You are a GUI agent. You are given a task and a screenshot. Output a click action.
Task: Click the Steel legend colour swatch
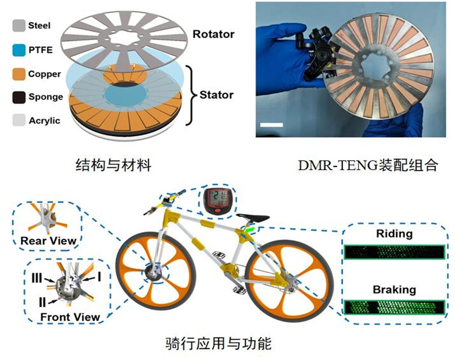pyautogui.click(x=19, y=26)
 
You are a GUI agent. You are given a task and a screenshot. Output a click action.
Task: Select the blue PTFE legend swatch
pyautogui.click(x=19, y=50)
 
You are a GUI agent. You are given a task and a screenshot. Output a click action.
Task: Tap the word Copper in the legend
pyautogui.click(x=44, y=74)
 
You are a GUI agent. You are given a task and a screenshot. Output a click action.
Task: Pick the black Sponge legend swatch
pyautogui.click(x=19, y=97)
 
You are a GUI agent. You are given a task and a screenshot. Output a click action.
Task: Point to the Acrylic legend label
pyautogui.click(x=44, y=121)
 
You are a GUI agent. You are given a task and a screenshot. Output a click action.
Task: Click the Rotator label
pyautogui.click(x=213, y=34)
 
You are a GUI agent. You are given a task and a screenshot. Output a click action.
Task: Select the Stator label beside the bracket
pyautogui.click(x=217, y=95)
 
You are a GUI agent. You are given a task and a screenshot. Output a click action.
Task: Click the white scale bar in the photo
pyautogui.click(x=272, y=125)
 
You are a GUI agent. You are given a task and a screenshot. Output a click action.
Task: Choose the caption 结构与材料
pyautogui.click(x=113, y=165)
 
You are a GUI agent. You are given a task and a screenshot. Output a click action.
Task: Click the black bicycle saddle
pyautogui.click(x=253, y=218)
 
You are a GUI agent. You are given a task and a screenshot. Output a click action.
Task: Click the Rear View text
pyautogui.click(x=48, y=241)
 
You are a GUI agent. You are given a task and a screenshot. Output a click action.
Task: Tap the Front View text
pyautogui.click(x=70, y=317)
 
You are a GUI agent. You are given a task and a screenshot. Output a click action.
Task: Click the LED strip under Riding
pyautogui.click(x=394, y=252)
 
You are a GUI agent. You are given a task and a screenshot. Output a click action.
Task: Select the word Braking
pyautogui.click(x=394, y=289)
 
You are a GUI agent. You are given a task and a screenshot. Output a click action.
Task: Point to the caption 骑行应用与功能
pyautogui.click(x=218, y=343)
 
